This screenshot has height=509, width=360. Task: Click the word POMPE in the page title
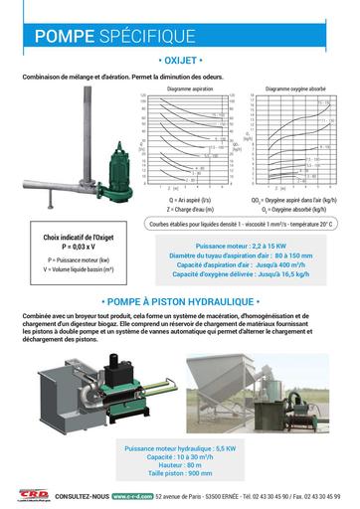click(x=63, y=38)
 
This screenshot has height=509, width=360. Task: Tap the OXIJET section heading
click(x=180, y=61)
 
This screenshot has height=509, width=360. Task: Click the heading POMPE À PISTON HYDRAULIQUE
click(x=180, y=299)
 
